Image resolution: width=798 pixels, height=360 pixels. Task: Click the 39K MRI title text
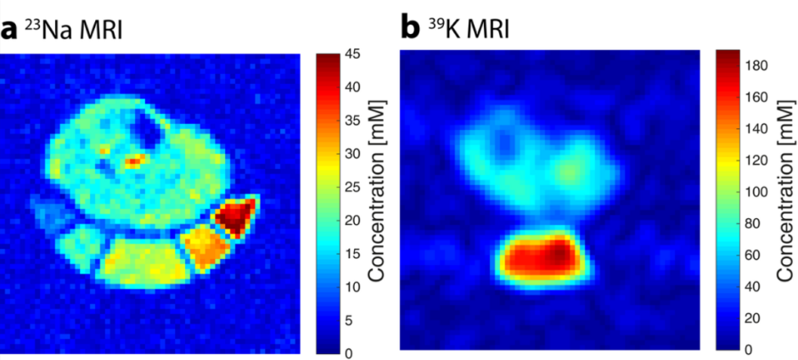point(465,31)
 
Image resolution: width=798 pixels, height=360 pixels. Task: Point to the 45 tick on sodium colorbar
point(355,55)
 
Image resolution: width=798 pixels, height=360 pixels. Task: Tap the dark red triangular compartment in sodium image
point(234,215)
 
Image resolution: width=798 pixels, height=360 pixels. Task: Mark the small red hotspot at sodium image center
point(133,160)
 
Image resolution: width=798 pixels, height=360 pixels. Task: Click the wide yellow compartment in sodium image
point(140,261)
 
